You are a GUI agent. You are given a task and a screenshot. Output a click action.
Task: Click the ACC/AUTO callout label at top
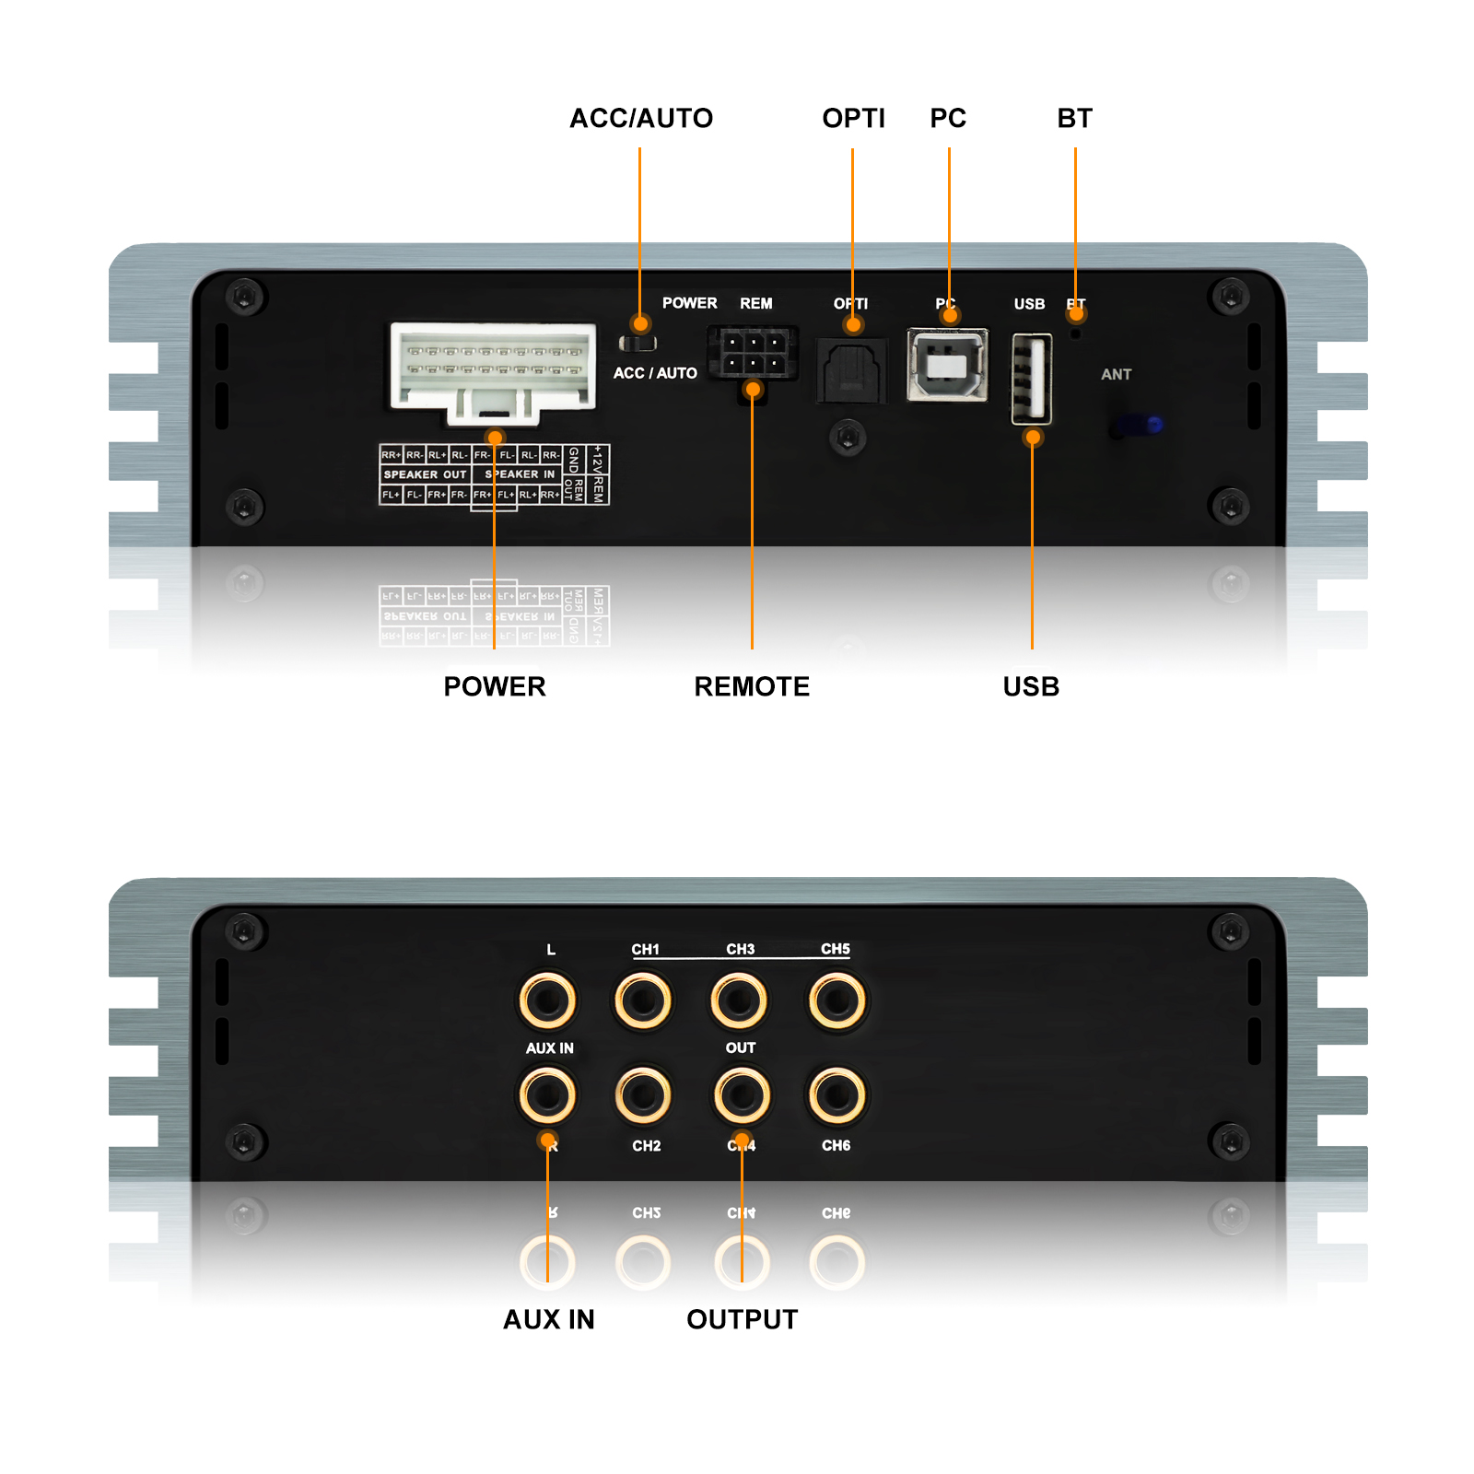(x=641, y=119)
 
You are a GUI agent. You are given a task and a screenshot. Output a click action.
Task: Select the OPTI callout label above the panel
(x=853, y=119)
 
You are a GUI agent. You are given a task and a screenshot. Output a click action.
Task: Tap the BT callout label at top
(x=1074, y=119)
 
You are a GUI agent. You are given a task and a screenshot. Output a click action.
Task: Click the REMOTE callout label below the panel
(x=752, y=686)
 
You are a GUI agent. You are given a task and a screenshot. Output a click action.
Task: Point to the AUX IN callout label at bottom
(x=549, y=1319)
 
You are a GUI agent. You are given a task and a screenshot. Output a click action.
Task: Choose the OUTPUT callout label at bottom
(x=743, y=1319)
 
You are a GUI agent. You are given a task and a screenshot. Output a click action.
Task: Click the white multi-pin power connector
(x=494, y=368)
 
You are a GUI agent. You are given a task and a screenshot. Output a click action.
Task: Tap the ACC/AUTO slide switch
(x=638, y=344)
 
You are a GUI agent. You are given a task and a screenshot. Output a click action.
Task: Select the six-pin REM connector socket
(x=753, y=353)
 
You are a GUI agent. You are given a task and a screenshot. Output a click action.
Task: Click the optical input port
(x=851, y=370)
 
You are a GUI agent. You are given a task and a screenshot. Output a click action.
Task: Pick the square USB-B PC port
(x=947, y=365)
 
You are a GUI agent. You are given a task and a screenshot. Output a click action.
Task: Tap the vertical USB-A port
(x=1032, y=379)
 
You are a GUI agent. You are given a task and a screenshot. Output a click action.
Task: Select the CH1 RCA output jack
(x=643, y=1000)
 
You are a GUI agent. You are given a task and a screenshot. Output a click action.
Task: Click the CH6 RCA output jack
(x=836, y=1095)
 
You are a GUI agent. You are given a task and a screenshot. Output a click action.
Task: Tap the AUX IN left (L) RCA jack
(x=547, y=1000)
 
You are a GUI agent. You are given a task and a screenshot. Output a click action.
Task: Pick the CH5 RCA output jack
(x=836, y=1000)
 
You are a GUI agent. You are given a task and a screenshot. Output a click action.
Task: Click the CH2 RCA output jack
(x=643, y=1095)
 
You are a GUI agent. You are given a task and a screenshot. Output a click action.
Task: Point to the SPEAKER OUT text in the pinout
(x=425, y=474)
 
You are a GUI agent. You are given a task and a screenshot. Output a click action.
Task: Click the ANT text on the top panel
(x=1116, y=375)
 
